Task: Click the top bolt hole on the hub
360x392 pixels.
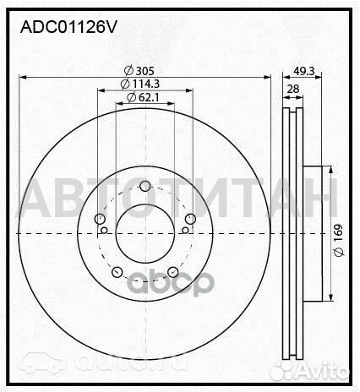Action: click(x=144, y=186)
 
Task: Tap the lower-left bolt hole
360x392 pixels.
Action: click(x=117, y=272)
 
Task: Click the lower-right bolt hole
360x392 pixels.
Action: click(x=172, y=272)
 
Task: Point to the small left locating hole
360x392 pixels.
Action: click(x=104, y=231)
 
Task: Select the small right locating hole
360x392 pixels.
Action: click(x=184, y=231)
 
